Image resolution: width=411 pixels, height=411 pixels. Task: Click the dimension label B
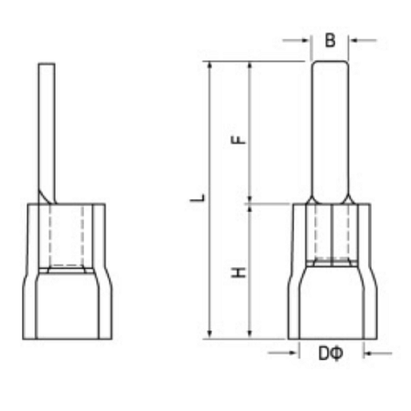coord(330,39)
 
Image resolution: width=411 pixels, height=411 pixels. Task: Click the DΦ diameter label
coord(330,353)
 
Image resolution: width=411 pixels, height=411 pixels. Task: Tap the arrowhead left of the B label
coord(307,39)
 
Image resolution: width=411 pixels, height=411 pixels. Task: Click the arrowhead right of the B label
coord(353,39)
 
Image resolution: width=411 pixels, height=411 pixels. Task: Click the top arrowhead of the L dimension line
coord(211,65)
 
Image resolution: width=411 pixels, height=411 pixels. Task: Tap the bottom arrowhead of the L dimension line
coord(211,333)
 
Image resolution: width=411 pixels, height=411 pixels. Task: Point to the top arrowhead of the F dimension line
coord(249,65)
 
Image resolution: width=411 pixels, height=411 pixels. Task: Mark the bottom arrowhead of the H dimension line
coord(249,333)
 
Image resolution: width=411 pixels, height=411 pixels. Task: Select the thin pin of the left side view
coord(46,123)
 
